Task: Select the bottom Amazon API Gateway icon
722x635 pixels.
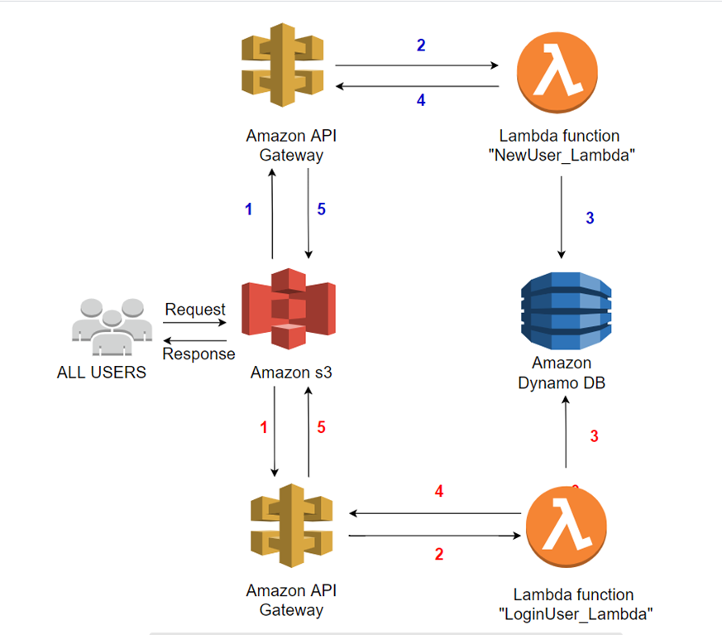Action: tap(291, 527)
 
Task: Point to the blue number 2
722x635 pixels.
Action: tap(421, 46)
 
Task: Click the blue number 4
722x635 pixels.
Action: tap(421, 100)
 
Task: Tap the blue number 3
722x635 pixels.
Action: tap(590, 219)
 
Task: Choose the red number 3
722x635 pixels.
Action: tap(593, 436)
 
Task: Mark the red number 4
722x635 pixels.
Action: tap(439, 492)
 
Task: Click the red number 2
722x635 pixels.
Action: tap(439, 554)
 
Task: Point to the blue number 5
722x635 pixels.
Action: tap(322, 209)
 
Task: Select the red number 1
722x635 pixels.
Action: tap(264, 428)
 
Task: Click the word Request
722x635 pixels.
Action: tap(195, 310)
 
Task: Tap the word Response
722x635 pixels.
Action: tap(198, 354)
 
